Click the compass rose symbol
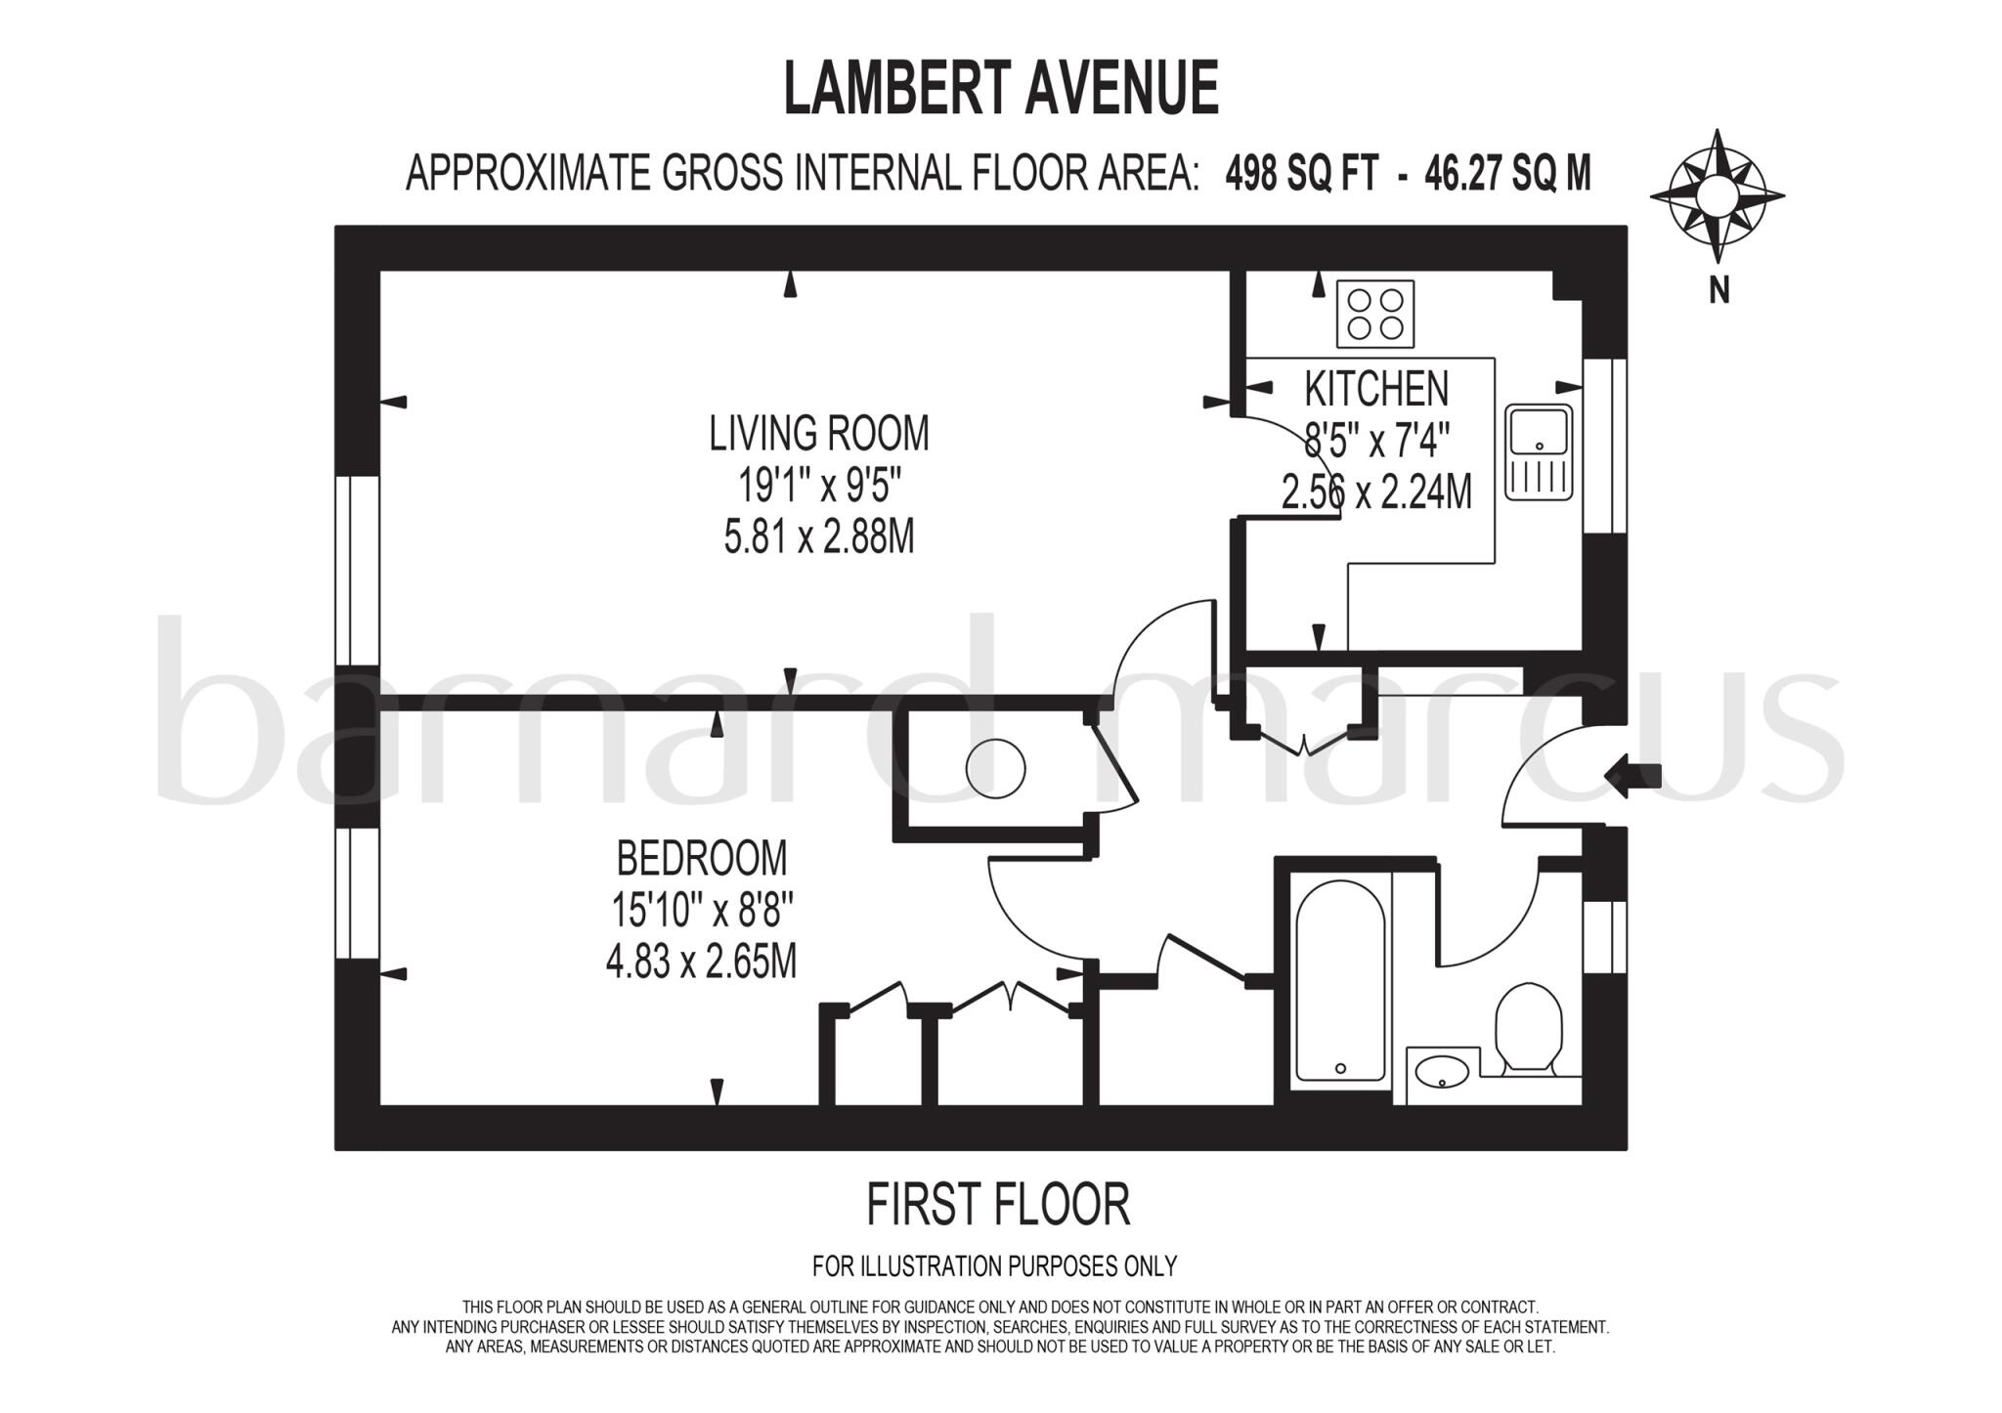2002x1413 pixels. pos(1717,196)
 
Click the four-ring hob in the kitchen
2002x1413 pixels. pos(1375,314)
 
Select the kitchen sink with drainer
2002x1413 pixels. pos(1539,452)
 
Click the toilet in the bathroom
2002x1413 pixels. pos(1529,1027)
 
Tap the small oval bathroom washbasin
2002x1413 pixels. pos(1441,1072)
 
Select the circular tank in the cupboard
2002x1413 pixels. pos(995,768)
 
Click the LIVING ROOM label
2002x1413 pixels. pos(819,434)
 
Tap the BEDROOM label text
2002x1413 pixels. pos(701,859)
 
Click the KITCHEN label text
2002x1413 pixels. pos(1376,389)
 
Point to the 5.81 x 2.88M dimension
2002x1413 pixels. pos(818,537)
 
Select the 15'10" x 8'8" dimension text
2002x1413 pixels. pos(701,911)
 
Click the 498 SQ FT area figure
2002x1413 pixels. pos(1301,174)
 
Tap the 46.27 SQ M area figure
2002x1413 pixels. pos(1507,174)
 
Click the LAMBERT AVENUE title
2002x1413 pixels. pos(1001,88)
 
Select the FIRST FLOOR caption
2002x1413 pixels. pos(998,1204)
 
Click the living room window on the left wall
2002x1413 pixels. pos(357,571)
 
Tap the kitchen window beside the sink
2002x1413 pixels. pos(1603,446)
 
